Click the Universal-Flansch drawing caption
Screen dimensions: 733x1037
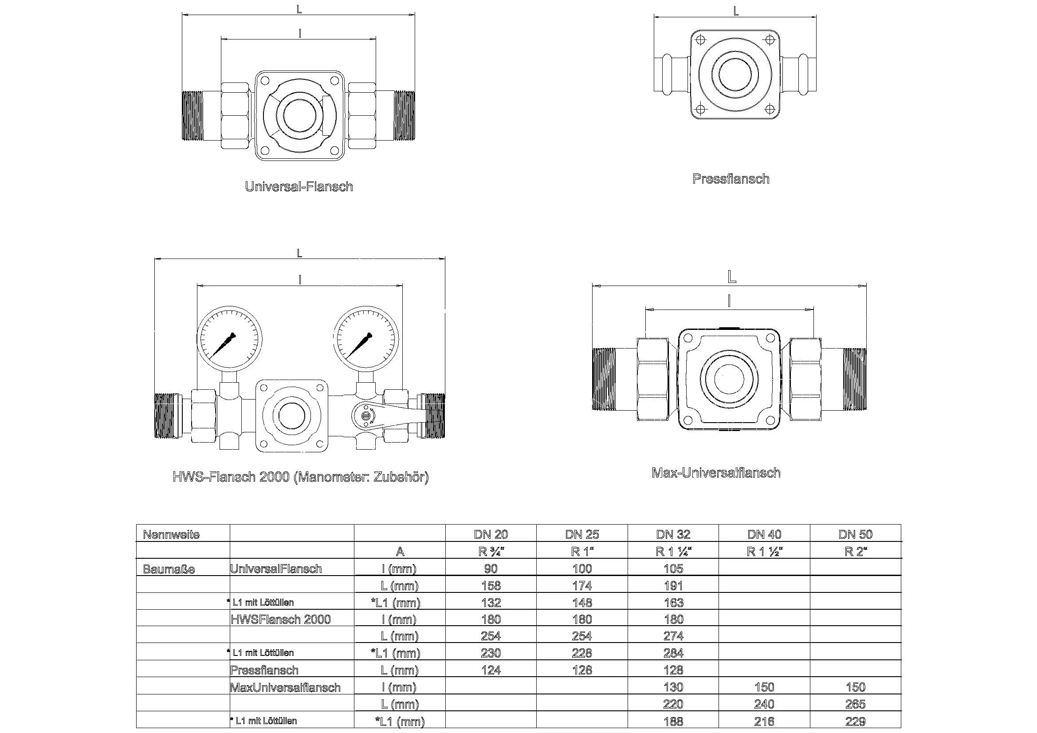pyautogui.click(x=299, y=187)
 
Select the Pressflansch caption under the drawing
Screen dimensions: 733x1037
pyautogui.click(x=731, y=179)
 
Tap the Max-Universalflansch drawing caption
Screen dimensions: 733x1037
pyautogui.click(x=716, y=473)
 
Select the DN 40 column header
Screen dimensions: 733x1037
pyautogui.click(x=764, y=534)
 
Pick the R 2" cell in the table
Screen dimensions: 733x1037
pyautogui.click(x=855, y=552)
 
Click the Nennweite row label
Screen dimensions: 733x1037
pyautogui.click(x=171, y=535)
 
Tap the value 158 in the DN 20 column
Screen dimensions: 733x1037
pyautogui.click(x=491, y=586)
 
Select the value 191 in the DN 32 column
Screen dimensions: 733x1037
pyautogui.click(x=673, y=586)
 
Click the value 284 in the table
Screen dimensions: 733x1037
pyautogui.click(x=673, y=653)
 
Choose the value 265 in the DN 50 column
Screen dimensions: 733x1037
pyautogui.click(x=855, y=704)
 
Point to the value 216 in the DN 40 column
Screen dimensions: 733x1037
pyautogui.click(x=764, y=721)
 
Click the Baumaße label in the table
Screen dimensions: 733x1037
pyautogui.click(x=169, y=569)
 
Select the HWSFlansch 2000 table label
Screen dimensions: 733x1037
pyautogui.click(x=280, y=619)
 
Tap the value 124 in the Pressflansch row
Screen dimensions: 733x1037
pyautogui.click(x=491, y=670)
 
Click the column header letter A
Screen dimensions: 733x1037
pyautogui.click(x=400, y=552)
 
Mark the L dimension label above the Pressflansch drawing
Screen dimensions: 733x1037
pyautogui.click(x=735, y=11)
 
